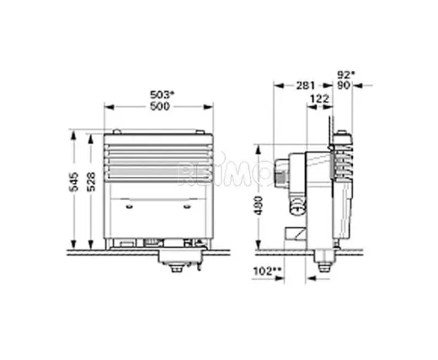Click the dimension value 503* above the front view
[x=160, y=94]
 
